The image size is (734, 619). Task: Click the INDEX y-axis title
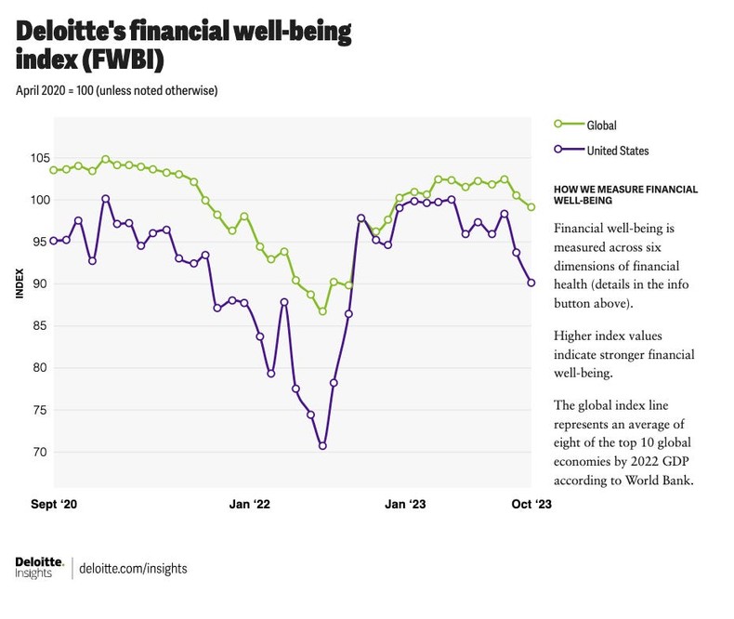pos(18,283)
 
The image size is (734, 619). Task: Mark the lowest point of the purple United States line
pos(322,446)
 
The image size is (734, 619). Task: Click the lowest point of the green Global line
pos(322,311)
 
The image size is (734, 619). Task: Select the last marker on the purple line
pos(531,283)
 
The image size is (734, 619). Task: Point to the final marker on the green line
pos(531,207)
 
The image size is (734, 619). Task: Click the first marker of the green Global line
pos(54,170)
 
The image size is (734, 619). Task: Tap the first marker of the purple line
pos(54,241)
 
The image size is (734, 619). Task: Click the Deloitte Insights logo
pos(39,567)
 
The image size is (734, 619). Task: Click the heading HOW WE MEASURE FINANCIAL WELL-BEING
pos(624,194)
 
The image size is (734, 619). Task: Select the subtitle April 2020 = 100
pos(117,90)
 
